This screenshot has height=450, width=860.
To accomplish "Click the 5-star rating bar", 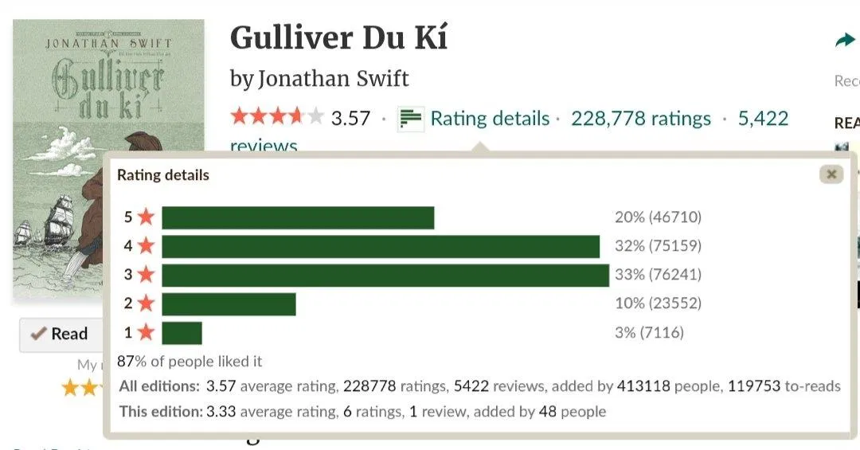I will [298, 217].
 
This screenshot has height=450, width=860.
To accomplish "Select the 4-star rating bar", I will [381, 246].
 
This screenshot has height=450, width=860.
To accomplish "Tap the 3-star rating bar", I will [385, 275].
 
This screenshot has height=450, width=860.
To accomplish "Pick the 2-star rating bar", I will [229, 303].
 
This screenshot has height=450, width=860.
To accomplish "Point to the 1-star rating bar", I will [182, 332].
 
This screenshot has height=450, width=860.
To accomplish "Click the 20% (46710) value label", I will [658, 217].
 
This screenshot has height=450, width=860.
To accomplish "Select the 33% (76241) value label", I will [658, 275].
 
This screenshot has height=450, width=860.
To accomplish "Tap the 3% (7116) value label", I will [649, 332].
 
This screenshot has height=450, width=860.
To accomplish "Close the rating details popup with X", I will [831, 174].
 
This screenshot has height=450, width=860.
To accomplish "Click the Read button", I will [61, 334].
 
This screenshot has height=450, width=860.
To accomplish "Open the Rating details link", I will [490, 119].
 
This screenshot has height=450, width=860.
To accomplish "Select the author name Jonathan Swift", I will [334, 78].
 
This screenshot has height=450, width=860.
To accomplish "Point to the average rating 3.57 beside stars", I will [350, 119].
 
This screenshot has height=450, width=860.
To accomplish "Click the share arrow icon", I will [844, 41].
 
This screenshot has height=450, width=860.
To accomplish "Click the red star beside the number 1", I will [146, 332].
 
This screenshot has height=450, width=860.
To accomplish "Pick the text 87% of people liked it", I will [190, 361].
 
